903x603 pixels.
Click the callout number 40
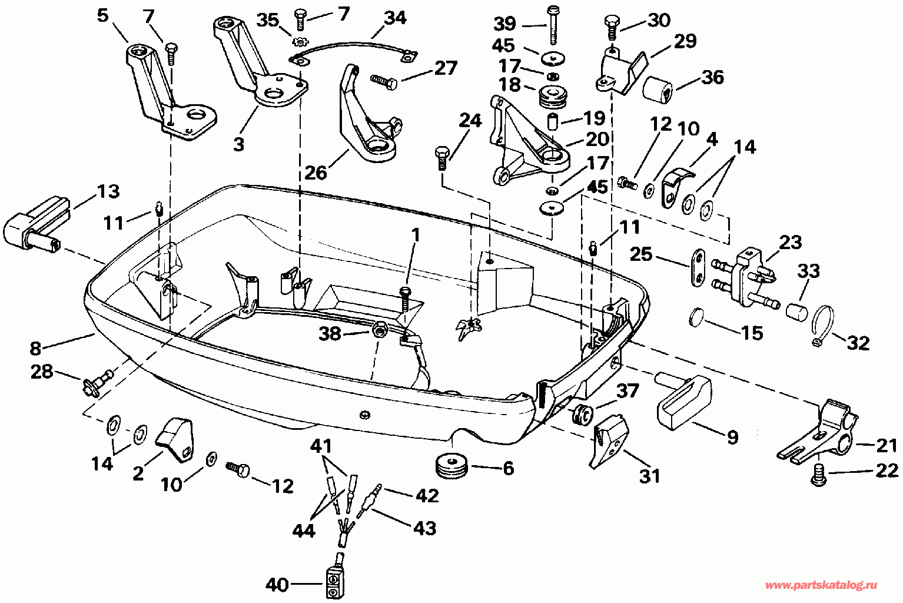pos(277,584)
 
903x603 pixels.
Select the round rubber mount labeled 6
pos(452,466)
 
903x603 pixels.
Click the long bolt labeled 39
pos(553,25)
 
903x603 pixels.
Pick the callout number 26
pos(316,173)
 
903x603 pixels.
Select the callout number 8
pos(35,348)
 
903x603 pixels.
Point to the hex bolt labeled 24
pos(441,158)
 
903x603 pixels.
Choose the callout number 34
pos(394,18)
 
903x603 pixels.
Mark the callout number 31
pos(649,476)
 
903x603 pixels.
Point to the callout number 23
pos(790,243)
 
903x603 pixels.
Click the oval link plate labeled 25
pos(698,268)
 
